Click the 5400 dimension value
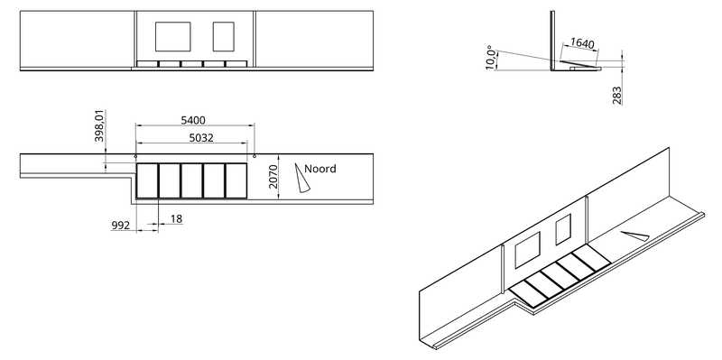(193, 121)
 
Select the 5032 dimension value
(201, 138)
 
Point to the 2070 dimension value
(273, 176)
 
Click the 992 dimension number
(121, 226)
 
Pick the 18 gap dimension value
(176, 219)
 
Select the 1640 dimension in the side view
(582, 43)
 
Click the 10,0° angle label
(491, 58)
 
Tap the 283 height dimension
(617, 96)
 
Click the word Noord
(320, 169)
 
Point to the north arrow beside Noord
(301, 178)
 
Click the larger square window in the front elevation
(172, 36)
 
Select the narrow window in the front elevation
(223, 36)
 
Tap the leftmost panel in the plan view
(147, 180)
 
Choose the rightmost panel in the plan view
(236, 180)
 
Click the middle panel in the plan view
(192, 180)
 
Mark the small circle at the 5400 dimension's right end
(255, 156)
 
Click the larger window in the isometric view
(528, 250)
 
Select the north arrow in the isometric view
(635, 235)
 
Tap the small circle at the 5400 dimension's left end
(135, 156)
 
